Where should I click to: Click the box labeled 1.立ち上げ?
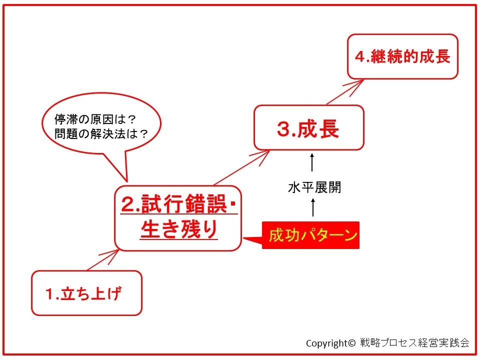click(86, 293)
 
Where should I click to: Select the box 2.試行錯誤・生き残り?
click(178, 218)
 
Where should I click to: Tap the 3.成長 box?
click(309, 127)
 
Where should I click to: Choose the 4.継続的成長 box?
click(402, 56)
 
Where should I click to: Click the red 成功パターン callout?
click(310, 235)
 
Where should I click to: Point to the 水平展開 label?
click(314, 187)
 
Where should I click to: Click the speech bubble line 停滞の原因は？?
click(95, 119)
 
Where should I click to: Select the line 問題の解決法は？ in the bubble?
click(101, 134)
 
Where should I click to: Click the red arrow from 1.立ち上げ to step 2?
click(103, 260)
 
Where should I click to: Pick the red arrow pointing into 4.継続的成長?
click(345, 92)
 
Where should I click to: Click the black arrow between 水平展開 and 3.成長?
click(312, 162)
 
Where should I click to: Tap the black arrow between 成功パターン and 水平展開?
click(313, 207)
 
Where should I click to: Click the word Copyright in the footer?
click(326, 343)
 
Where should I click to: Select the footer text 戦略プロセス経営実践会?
click(415, 342)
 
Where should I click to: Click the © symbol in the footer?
click(351, 343)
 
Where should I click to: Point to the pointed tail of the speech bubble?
click(126, 181)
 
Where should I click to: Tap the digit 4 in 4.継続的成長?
click(359, 57)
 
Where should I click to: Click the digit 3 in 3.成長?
click(283, 129)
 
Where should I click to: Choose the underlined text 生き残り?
click(179, 229)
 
